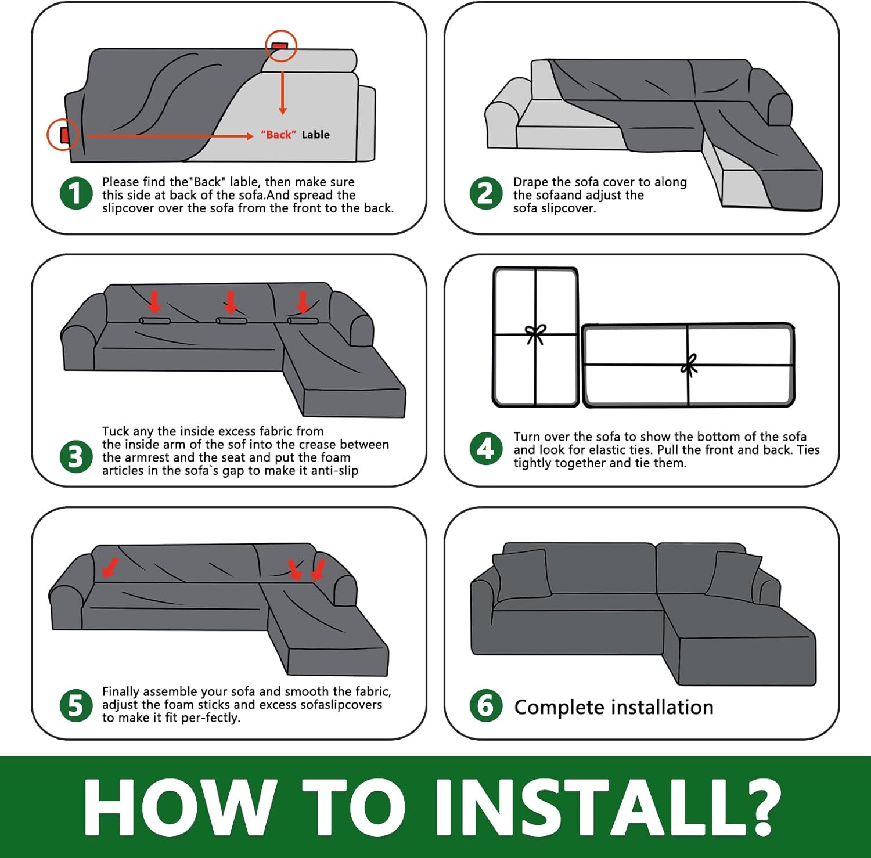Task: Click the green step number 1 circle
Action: coord(76,194)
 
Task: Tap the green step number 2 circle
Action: coord(486,194)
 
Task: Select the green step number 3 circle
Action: coord(76,456)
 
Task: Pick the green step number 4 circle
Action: coord(486,449)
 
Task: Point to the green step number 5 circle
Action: coord(76,706)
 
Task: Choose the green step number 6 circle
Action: coord(486,706)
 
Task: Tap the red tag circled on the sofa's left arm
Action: coord(65,135)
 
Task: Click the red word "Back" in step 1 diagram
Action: coord(279,135)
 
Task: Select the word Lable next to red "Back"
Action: coord(315,135)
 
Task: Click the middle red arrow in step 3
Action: coord(231,302)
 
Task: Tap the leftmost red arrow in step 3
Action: coord(154,302)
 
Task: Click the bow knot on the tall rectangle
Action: coord(535,334)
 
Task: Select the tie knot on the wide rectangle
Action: coord(689,365)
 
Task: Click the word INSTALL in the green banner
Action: coord(608,807)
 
